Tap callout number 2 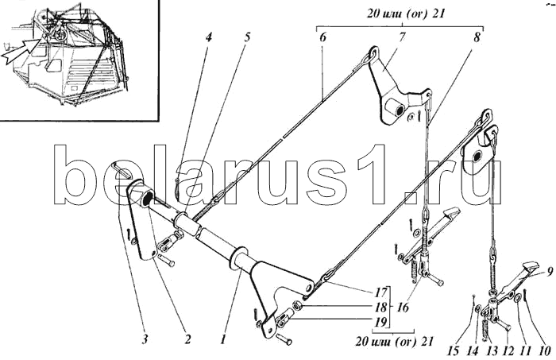pyautogui.click(x=187, y=339)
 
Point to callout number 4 pyautogui.click(x=207, y=37)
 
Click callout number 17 pyautogui.click(x=382, y=292)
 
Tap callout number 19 pyautogui.click(x=382, y=321)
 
